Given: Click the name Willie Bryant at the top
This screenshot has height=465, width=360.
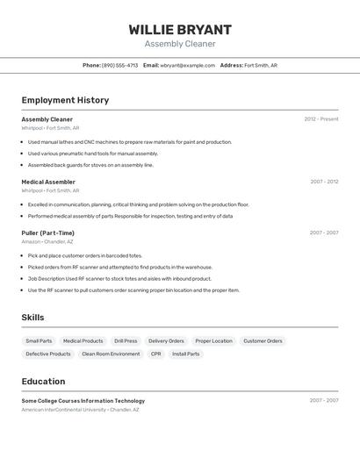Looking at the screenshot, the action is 180,29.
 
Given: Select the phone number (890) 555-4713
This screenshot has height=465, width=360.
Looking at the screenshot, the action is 119,65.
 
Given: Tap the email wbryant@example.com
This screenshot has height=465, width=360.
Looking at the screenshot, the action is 187,65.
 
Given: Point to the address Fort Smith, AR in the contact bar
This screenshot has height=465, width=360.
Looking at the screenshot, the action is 261,65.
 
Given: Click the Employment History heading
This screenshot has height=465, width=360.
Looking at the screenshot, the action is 65,100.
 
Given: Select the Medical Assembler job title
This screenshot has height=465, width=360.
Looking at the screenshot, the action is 48,182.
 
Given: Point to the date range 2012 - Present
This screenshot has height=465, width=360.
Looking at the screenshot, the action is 320,119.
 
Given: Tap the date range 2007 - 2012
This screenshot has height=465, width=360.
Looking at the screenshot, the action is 324,182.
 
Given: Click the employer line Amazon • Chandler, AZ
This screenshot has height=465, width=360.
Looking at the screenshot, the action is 47,241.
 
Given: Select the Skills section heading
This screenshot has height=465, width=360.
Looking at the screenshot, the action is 32,318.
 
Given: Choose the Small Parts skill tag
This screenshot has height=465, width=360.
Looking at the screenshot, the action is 39,340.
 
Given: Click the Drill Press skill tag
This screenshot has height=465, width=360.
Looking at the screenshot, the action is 126,340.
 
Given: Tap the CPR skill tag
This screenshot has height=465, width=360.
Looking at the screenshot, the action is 155,354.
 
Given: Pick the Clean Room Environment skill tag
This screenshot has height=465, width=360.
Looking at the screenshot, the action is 111,354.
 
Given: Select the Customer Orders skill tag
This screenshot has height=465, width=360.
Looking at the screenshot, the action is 263,340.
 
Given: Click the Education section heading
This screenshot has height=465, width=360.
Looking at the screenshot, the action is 43,382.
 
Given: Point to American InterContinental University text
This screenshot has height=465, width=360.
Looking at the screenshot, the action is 63,410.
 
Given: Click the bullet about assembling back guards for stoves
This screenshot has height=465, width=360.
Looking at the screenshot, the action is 90,165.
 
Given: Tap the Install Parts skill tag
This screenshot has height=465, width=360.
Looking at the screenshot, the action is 185,354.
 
